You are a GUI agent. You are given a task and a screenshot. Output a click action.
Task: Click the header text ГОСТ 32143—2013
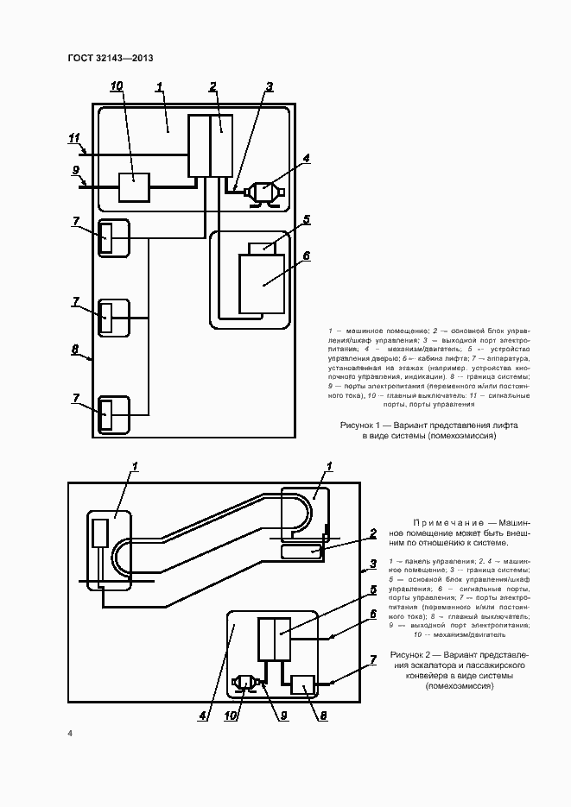(110, 59)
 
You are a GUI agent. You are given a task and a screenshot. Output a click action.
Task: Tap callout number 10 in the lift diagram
(117, 85)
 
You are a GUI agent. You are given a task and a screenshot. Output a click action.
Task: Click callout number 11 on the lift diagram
(74, 137)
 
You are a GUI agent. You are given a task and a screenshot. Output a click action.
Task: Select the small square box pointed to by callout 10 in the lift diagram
(133, 186)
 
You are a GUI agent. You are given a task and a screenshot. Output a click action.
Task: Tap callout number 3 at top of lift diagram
(270, 86)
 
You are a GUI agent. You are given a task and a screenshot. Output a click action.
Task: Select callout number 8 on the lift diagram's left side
(75, 350)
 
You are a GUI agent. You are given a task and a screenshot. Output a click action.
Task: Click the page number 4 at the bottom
(70, 734)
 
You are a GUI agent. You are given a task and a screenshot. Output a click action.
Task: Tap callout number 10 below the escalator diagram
(231, 715)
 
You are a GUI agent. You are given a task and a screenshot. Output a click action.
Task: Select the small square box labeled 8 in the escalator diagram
(302, 685)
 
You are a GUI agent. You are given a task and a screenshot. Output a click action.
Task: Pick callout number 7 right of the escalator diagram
(373, 660)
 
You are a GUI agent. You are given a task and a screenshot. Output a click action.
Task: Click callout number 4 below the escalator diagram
(202, 715)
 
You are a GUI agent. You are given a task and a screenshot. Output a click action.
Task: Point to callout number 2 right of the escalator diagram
(372, 533)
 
